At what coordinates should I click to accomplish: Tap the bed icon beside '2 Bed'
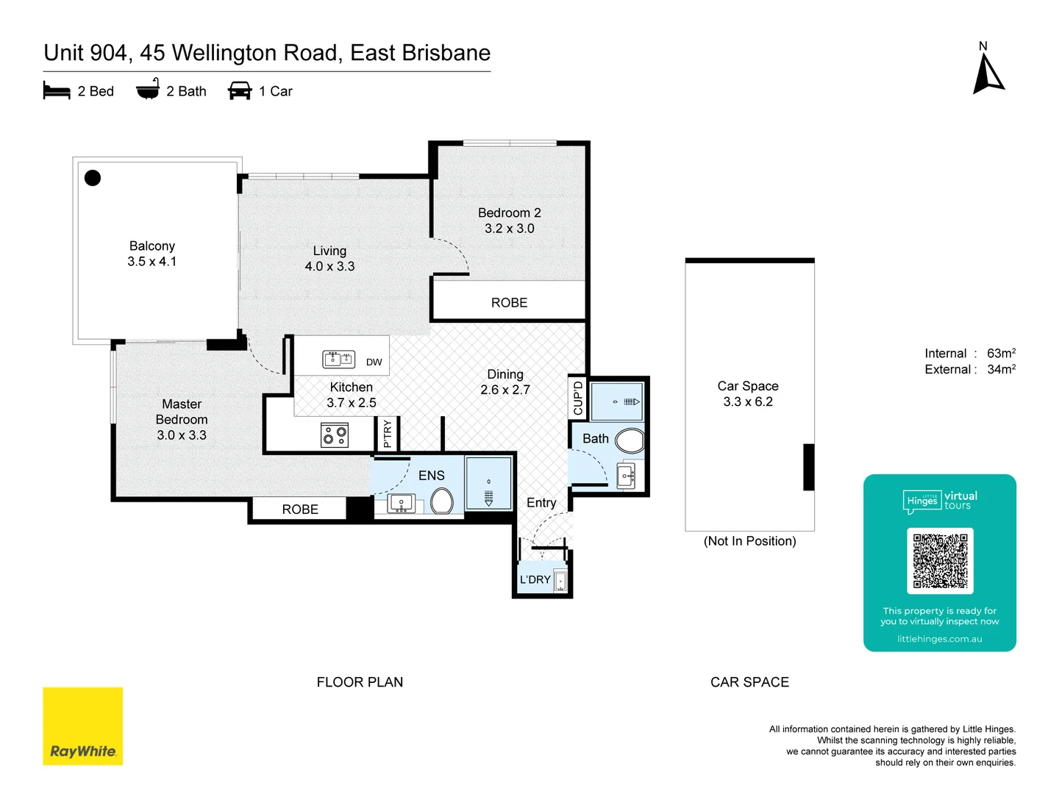57,91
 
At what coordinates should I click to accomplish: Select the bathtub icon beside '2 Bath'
148,90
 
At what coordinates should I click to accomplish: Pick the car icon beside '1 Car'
240,91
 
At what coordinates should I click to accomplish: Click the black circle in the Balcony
93,178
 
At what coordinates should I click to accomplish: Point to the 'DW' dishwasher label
374,362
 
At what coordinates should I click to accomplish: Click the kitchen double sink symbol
339,360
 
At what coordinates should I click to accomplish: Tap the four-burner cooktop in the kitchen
334,435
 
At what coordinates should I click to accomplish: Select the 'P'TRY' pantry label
388,434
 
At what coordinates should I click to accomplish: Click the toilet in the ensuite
442,501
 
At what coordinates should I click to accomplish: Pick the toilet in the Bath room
630,441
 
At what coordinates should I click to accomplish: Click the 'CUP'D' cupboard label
578,398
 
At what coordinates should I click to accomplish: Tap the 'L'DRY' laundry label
535,579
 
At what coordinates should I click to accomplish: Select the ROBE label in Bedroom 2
509,303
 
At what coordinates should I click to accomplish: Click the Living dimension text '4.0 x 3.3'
329,266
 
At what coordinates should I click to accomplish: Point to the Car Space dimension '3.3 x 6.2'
748,401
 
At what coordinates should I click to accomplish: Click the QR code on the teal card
940,560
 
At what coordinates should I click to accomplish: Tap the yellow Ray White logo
83,726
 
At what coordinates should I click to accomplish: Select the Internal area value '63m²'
1001,354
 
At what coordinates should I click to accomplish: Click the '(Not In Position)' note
749,541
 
